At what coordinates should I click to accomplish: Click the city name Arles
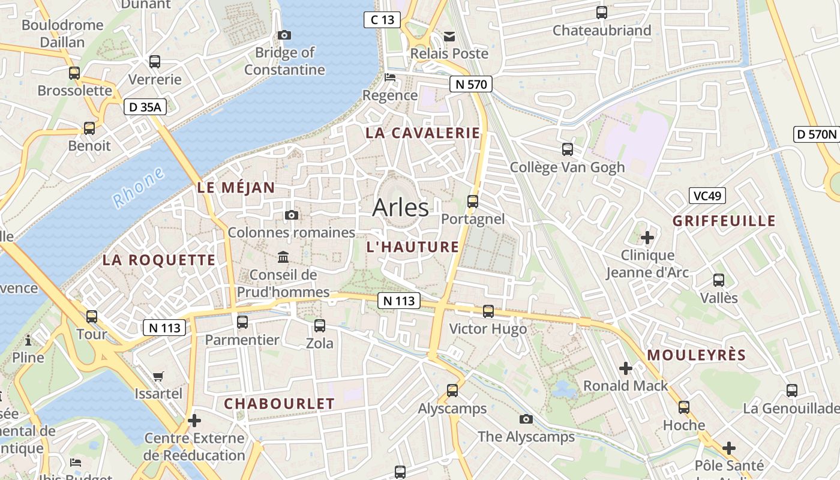[400, 208]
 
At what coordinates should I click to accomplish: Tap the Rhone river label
[138, 187]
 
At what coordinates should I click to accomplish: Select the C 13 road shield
[382, 20]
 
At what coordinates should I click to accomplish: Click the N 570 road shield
[471, 85]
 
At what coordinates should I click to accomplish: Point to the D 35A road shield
[145, 107]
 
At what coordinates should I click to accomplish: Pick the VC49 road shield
[707, 196]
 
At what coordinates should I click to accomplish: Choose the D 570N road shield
[816, 134]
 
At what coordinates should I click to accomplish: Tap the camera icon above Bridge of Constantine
[284, 35]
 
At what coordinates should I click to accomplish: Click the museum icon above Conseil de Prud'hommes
[283, 257]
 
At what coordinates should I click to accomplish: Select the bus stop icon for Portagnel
[473, 201]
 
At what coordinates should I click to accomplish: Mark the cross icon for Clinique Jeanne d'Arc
[647, 238]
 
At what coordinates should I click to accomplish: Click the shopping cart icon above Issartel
[158, 376]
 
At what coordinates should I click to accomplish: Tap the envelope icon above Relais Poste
[449, 36]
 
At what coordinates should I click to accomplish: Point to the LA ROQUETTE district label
[158, 260]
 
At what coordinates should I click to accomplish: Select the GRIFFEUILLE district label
[724, 221]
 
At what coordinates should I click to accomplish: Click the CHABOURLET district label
[279, 404]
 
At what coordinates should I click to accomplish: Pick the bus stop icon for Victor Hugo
[488, 311]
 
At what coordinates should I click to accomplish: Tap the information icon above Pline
[28, 341]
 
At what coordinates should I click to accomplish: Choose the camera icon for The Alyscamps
[526, 419]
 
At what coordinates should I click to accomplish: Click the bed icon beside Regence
[390, 77]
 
